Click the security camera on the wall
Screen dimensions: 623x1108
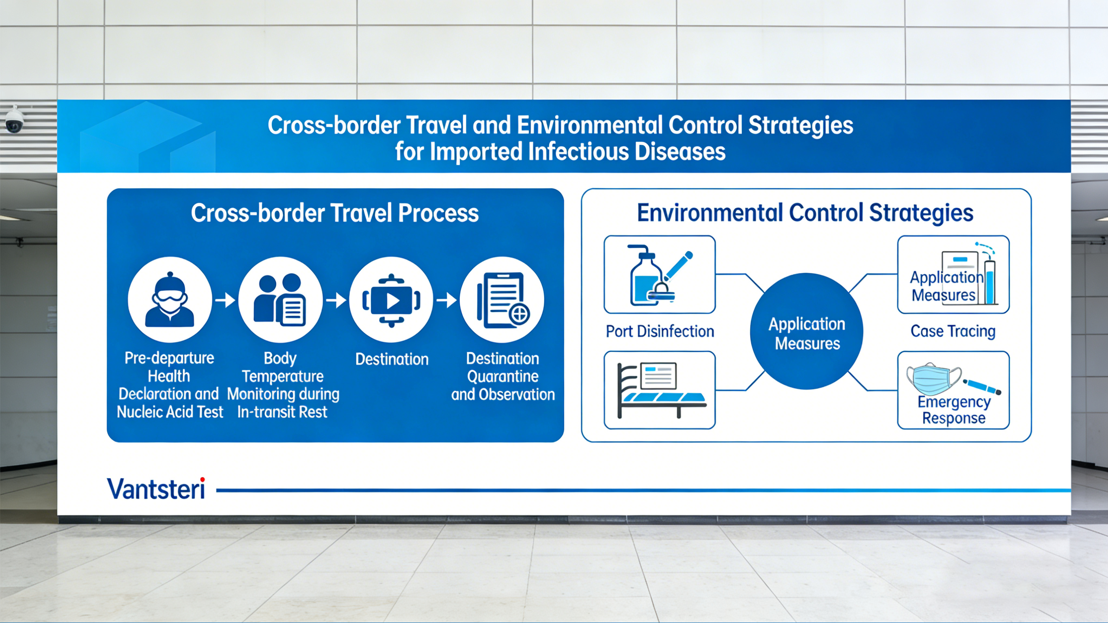pos(14,121)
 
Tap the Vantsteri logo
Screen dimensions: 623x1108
pos(156,489)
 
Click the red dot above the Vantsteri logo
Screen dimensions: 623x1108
pos(202,480)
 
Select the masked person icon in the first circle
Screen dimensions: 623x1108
pos(170,300)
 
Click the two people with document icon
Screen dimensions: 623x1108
pos(280,300)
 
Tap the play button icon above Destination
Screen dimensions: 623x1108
pos(391,300)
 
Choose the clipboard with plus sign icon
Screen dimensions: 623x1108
pos(502,300)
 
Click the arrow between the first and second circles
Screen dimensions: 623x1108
pos(225,300)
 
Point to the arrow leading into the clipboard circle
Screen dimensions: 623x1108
pos(446,300)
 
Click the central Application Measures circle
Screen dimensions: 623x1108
pos(806,332)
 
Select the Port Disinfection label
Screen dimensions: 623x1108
pos(660,331)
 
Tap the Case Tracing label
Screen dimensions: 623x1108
pos(953,331)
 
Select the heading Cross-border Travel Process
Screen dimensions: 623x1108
pos(335,213)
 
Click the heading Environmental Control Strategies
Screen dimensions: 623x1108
pos(805,213)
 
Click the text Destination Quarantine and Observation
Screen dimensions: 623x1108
pos(502,377)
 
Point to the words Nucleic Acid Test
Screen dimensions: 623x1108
pos(170,412)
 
